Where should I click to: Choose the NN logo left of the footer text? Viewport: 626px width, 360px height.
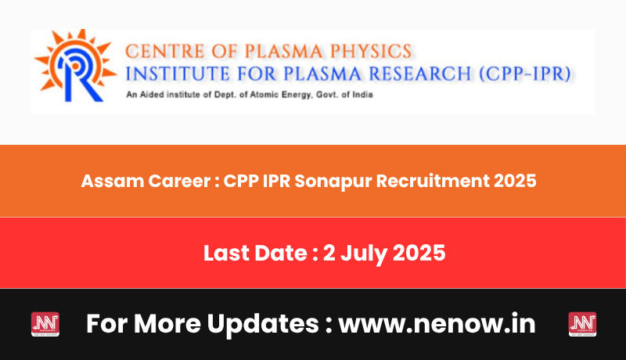click(x=45, y=324)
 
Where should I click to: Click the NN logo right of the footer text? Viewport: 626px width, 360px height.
click(x=582, y=324)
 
